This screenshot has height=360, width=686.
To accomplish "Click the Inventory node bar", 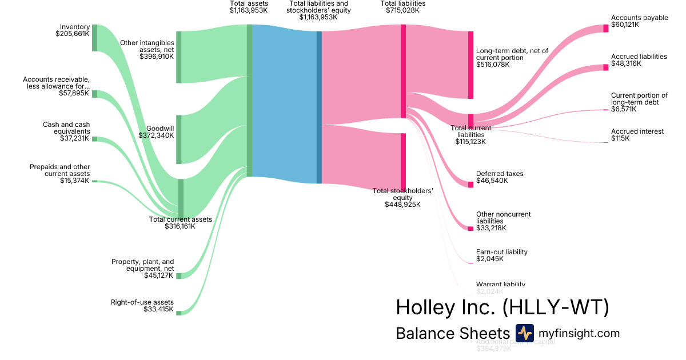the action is point(95,38).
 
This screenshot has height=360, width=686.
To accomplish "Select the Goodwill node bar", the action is point(178,139).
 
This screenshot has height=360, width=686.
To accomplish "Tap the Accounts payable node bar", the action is point(606,29).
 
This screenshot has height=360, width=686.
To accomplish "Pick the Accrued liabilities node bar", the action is point(606,67).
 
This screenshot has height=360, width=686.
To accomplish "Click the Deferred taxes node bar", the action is point(470,184).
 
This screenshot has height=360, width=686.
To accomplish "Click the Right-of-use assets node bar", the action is point(178,313).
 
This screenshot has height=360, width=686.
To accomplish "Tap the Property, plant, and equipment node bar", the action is point(178,276).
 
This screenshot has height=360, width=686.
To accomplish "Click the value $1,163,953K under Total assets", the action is point(248,10).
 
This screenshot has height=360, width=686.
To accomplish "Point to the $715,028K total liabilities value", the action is point(403,10).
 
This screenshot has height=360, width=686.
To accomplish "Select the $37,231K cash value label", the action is point(74,138).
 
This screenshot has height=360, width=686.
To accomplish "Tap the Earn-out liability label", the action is point(501,252).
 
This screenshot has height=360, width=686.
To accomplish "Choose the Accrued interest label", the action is point(637,131).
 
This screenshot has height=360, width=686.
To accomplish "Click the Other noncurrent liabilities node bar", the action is point(470,229).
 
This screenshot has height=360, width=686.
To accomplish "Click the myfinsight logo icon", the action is point(524,333).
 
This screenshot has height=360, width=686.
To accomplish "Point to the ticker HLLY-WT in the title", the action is point(556,307).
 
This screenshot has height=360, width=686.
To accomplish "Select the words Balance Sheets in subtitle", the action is point(452,334).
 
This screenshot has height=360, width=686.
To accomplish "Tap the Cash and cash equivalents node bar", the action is point(95,139).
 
